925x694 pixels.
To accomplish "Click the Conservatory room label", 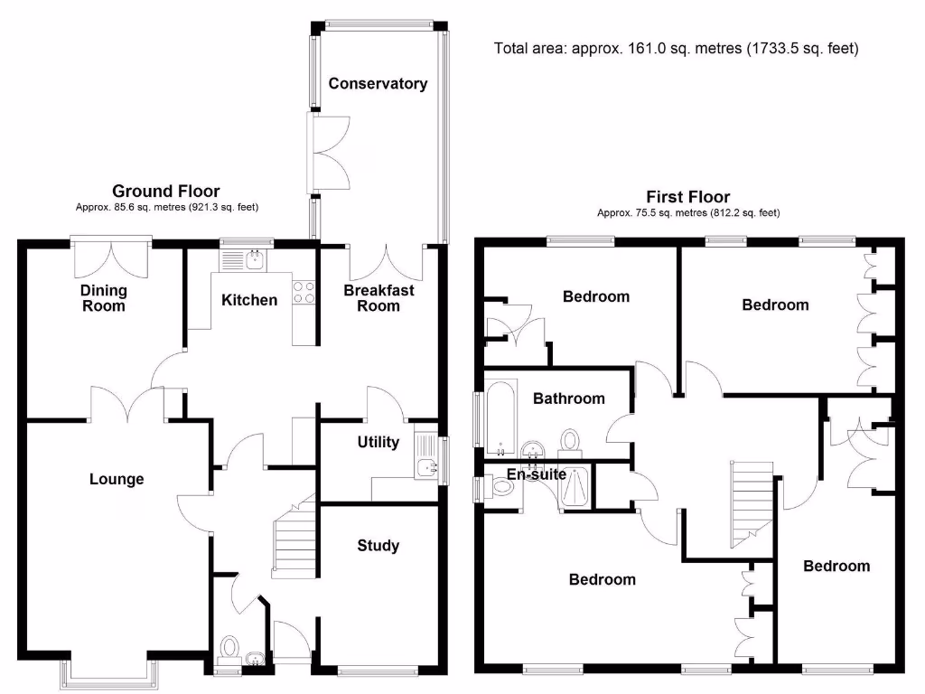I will point(378,84).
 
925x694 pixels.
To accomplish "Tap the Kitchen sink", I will point(246,260).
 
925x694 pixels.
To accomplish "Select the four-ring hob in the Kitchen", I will point(304,292).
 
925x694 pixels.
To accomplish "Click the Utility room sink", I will point(426,466).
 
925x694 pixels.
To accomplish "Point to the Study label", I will point(378,546).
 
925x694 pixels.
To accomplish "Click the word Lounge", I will point(117,479).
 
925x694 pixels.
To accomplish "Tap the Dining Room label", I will point(104,298).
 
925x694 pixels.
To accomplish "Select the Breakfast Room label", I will point(378,298).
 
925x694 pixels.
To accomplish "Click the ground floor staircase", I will point(294,542).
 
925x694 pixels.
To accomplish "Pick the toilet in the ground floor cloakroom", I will point(229,649).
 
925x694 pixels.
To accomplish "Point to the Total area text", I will point(676,48).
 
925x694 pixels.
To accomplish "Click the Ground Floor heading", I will point(166,191).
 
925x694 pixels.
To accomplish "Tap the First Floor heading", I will point(688,197).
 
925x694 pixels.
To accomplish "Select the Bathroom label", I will point(568,399).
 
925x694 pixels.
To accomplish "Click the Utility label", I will point(378,443).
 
